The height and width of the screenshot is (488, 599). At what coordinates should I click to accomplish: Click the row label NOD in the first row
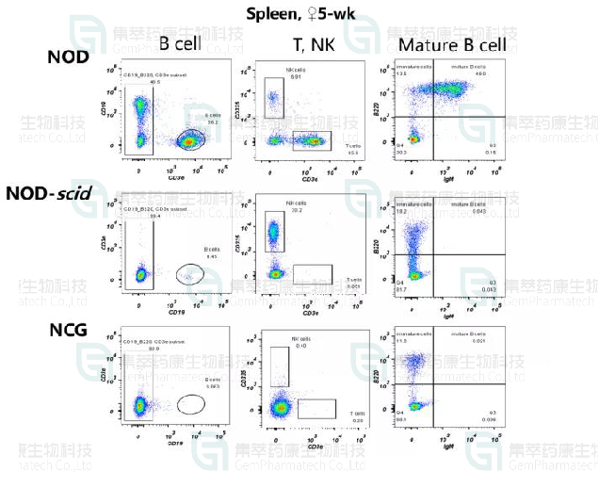pos(69,57)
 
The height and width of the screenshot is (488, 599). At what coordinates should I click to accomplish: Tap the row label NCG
pos(69,329)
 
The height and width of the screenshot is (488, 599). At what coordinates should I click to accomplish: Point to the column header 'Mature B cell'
pos(452,44)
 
